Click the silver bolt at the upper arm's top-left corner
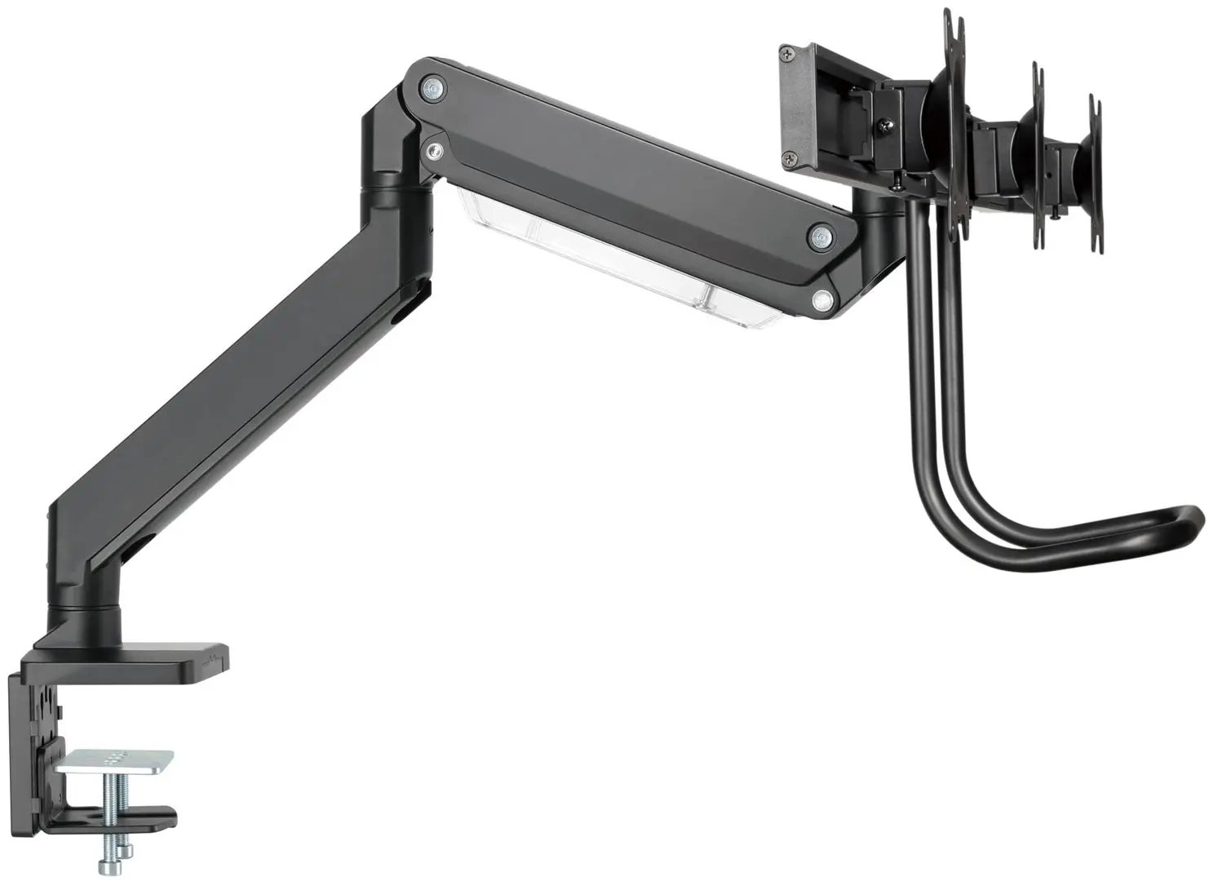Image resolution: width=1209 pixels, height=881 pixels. click(432, 86)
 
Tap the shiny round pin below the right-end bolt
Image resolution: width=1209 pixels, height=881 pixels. click(823, 300)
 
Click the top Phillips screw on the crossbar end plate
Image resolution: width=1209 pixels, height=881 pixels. click(786, 54)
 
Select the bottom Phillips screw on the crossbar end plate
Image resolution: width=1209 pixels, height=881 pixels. click(789, 160)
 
